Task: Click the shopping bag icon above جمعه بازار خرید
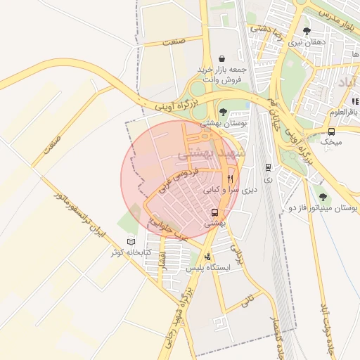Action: (x=222, y=58)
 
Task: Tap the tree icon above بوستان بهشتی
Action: (x=223, y=112)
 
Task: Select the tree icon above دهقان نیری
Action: (x=307, y=31)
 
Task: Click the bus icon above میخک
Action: (x=331, y=131)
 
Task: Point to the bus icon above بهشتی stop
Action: (x=214, y=212)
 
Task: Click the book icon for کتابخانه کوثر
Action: (x=131, y=241)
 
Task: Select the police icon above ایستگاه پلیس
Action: (x=207, y=257)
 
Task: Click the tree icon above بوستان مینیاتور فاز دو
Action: (x=323, y=198)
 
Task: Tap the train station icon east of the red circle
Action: (x=268, y=167)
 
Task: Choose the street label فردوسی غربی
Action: (x=175, y=181)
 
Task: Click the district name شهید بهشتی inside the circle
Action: (x=211, y=153)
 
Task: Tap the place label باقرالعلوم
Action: (x=345, y=111)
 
